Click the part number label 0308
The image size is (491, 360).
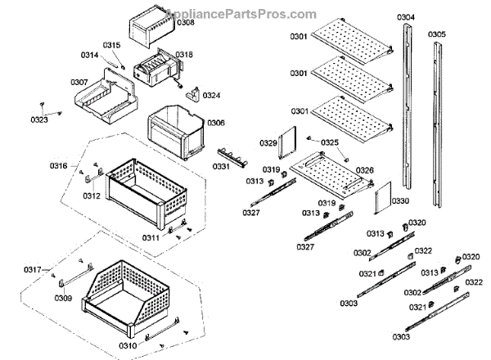coord(186,23)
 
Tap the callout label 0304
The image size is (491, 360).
coord(406,17)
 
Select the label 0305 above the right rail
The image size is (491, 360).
coord(437,34)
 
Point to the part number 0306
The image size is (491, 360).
coord(216,123)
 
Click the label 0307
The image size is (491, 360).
coord(79,82)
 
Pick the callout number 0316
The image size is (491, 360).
coord(58,166)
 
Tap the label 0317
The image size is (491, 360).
coord(33,270)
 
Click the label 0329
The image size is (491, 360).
coord(268,143)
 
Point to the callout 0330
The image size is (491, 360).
coord(400,200)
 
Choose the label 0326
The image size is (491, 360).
coord(365,170)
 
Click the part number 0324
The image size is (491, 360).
coord(212,96)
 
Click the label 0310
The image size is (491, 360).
coord(128,344)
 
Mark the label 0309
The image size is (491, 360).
coord(64,299)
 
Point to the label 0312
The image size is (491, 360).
coord(92,196)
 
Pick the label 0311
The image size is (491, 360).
coord(151,237)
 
